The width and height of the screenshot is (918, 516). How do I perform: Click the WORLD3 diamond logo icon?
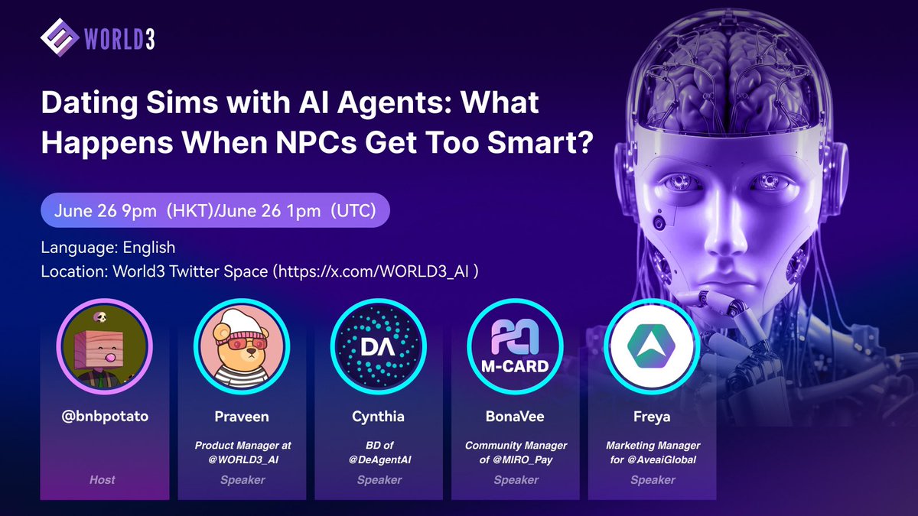60,37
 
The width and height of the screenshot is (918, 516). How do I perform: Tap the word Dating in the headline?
90,103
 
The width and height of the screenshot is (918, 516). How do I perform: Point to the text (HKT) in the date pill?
190,210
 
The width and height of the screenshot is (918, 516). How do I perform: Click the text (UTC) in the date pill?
353,210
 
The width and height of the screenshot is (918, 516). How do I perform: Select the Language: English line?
108,248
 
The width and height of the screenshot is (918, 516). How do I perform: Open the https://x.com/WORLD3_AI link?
373,271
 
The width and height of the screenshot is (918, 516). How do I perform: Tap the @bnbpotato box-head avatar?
105,346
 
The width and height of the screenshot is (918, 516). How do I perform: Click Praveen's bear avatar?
242,346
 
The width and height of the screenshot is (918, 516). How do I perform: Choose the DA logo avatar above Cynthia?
378,346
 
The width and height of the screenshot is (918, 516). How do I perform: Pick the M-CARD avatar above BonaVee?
515,346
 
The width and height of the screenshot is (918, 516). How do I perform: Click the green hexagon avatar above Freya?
652,346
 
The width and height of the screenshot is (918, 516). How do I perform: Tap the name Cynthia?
378,417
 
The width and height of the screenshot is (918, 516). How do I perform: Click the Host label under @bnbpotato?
103,479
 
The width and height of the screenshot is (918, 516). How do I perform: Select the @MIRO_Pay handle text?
522,459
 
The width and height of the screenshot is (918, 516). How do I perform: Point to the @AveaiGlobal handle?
662,459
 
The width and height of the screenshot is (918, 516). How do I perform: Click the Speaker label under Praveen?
243,479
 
